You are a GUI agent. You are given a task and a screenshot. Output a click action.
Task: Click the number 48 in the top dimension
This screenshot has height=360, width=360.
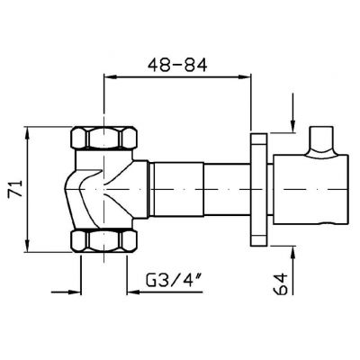click(159, 66)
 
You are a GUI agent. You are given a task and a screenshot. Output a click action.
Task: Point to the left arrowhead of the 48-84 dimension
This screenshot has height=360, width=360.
click(112, 78)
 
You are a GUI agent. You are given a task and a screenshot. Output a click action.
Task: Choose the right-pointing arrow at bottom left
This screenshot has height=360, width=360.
click(72, 291)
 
